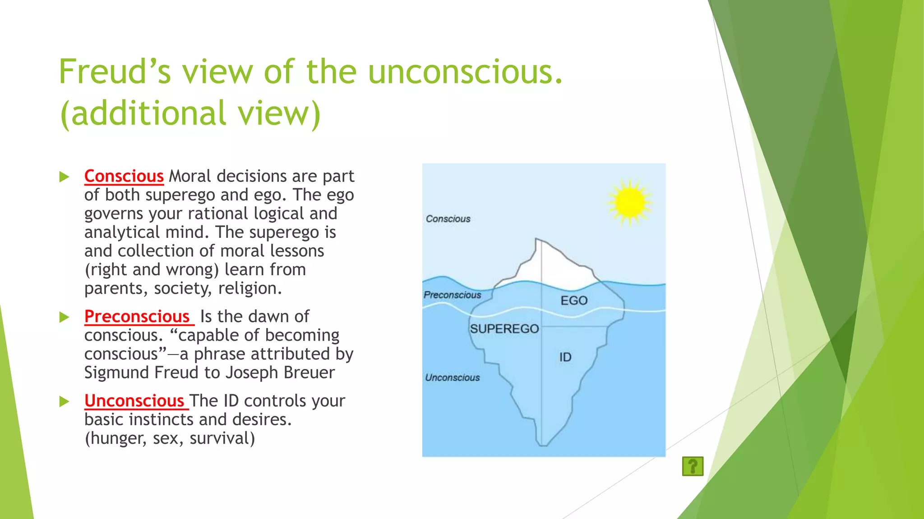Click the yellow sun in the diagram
[x=629, y=202]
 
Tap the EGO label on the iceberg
[x=574, y=300]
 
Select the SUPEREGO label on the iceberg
[x=504, y=329]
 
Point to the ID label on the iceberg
[x=565, y=357]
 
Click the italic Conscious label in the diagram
[x=448, y=219]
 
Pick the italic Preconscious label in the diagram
[x=452, y=295]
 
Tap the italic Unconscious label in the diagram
[x=452, y=378]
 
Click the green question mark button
[x=693, y=466]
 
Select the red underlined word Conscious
[x=124, y=176]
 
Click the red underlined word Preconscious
[x=137, y=316]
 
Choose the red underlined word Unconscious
[x=134, y=401]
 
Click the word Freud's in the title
[x=115, y=72]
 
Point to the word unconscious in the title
[x=465, y=72]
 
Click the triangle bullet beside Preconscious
[x=64, y=317]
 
